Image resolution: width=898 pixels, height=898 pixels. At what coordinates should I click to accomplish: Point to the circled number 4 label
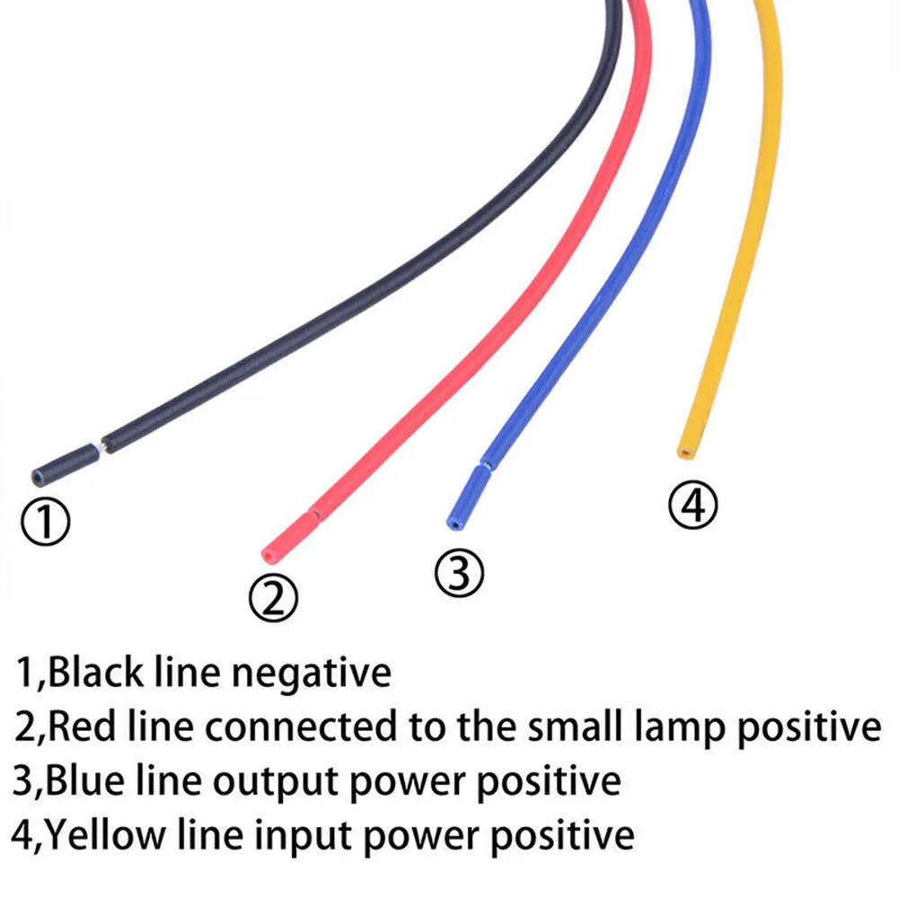pyautogui.click(x=693, y=505)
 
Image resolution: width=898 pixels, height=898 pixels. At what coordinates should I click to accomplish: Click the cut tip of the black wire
pyautogui.click(x=38, y=475)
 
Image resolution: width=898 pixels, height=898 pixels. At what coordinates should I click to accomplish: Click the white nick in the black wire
pyautogui.click(x=99, y=445)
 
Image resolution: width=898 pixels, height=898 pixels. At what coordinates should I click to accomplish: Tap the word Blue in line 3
pyautogui.click(x=85, y=780)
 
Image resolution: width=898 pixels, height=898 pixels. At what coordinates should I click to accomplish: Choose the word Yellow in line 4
pyautogui.click(x=105, y=835)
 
